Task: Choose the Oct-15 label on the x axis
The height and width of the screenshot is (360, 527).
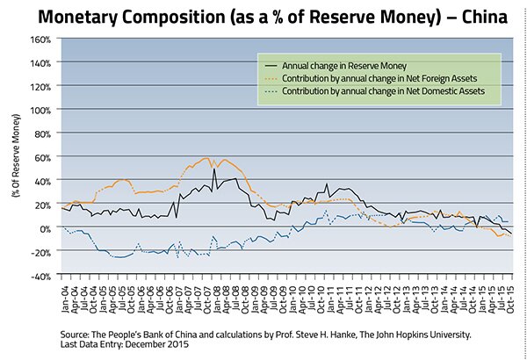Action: point(509,294)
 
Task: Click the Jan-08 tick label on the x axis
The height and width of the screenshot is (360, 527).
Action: point(215,294)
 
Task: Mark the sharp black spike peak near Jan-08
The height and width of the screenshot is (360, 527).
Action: point(215,169)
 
